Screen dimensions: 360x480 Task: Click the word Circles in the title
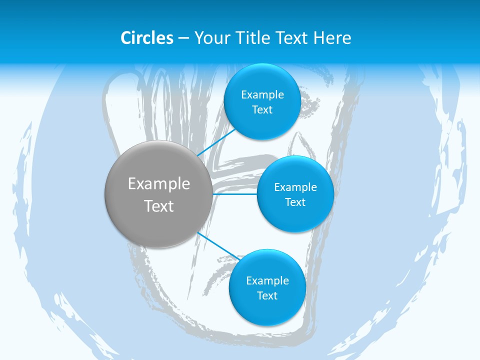[x=147, y=38]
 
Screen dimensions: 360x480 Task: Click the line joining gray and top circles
[x=216, y=142]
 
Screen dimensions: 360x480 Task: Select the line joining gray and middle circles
[x=235, y=194]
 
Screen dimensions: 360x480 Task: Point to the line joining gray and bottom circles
[x=218, y=245]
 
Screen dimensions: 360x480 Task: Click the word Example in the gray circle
[x=159, y=184]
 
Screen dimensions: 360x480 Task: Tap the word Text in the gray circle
[x=159, y=206]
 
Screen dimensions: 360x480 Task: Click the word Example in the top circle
[x=262, y=95]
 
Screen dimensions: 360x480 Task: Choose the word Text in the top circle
[x=262, y=110]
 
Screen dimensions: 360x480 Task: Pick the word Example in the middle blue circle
[x=295, y=187]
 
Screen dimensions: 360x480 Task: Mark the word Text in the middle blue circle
[x=295, y=202]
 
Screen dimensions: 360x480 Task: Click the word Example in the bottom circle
[x=267, y=281]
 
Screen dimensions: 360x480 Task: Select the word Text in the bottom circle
[x=267, y=296]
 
